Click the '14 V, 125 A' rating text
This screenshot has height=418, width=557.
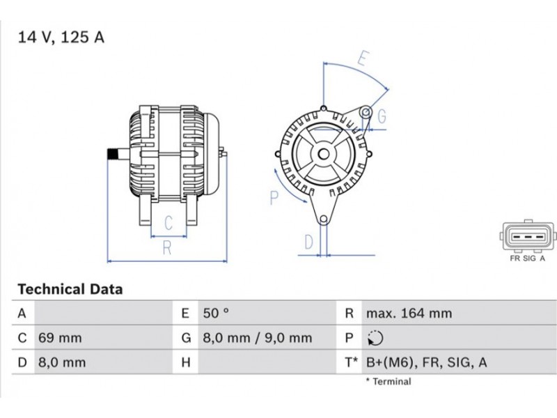click(61, 38)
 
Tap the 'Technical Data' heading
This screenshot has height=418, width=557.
click(70, 289)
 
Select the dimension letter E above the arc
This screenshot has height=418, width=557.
click(363, 59)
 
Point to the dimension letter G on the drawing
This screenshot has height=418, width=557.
click(382, 116)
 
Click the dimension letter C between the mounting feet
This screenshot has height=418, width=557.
click(168, 223)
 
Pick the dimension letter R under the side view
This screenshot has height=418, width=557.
click(167, 248)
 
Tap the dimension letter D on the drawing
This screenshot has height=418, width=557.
click(308, 242)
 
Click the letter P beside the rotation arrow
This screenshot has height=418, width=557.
click(274, 198)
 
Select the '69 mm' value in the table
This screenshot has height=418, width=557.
click(60, 338)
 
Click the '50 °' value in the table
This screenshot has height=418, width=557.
click(216, 313)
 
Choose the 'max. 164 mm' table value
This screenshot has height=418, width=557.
click(409, 313)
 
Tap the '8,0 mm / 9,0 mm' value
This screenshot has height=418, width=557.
click(258, 338)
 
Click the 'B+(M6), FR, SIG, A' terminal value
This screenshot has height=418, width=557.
click(426, 362)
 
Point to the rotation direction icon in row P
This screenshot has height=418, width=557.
click(375, 338)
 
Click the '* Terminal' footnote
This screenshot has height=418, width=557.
click(389, 381)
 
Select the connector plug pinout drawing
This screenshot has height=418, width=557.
click(527, 235)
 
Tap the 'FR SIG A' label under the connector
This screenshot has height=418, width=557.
click(527, 258)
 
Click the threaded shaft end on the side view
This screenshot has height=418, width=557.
click(113, 155)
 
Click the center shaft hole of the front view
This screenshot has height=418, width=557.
click(323, 154)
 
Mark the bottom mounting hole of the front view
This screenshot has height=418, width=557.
click(323, 219)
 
